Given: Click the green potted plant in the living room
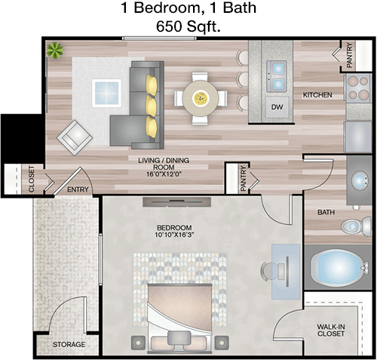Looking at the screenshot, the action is (x=55, y=51).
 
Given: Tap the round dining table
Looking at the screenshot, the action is (x=201, y=98).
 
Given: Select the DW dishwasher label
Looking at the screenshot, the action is (x=277, y=107).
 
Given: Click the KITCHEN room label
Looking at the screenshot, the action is (x=317, y=95).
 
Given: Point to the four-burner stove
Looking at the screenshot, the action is (x=357, y=88).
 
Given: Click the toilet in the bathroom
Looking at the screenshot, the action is (x=357, y=226).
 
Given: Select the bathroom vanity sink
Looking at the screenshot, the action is (x=360, y=180).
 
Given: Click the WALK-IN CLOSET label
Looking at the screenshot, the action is (x=331, y=330).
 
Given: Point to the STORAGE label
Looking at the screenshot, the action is (x=69, y=344).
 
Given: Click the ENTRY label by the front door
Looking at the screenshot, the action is (x=78, y=189).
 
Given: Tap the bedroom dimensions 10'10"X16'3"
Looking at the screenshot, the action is (x=174, y=235).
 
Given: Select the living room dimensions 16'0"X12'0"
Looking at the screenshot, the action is (x=164, y=174).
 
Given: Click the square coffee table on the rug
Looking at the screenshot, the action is (x=106, y=93).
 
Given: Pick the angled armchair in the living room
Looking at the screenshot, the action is (x=75, y=137).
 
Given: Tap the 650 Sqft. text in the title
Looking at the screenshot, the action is (x=188, y=26).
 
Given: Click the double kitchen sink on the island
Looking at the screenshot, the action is (x=277, y=76).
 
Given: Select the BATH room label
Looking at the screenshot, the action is (x=326, y=212).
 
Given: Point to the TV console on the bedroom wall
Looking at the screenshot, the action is (x=177, y=202).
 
